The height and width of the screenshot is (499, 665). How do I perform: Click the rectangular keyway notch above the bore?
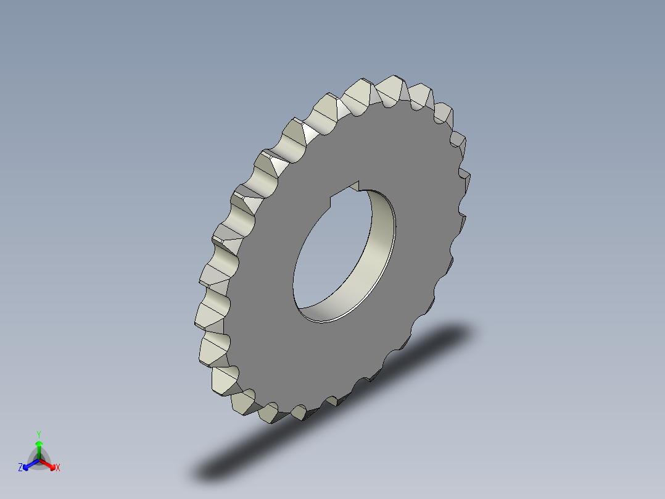click(346, 191)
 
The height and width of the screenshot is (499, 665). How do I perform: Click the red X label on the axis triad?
click(58, 468)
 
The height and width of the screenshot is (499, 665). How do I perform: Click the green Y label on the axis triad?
click(38, 434)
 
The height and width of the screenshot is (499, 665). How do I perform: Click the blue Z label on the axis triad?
click(20, 468)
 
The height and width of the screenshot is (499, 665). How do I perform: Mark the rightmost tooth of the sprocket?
click(468, 180)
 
